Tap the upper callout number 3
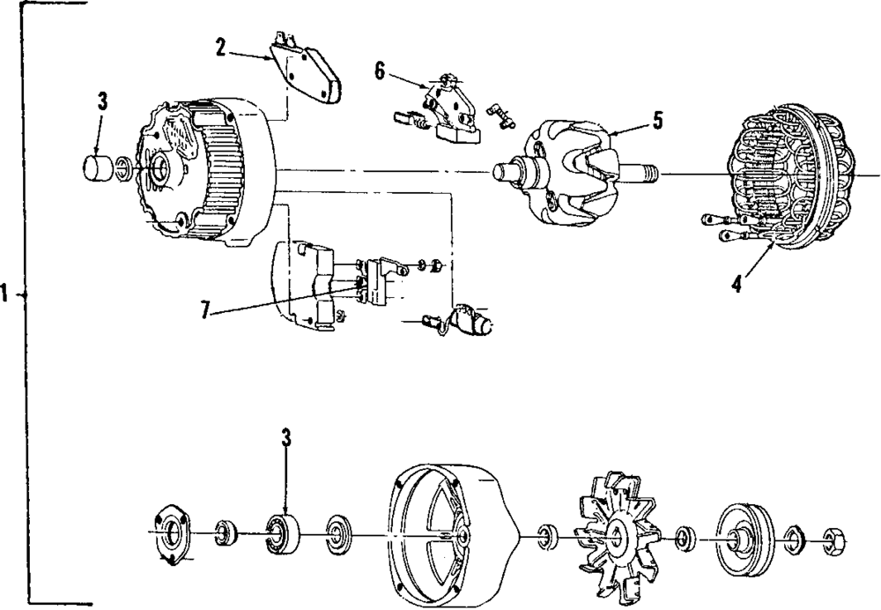102,100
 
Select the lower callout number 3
285,438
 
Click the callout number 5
657,120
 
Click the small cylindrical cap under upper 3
98,167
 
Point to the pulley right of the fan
743,533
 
